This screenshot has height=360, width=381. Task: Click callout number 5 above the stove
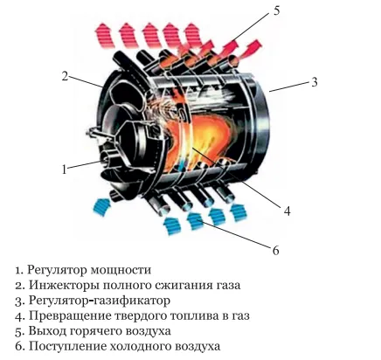point(276,10)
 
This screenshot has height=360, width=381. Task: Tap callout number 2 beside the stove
point(65,76)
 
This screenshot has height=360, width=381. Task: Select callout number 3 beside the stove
point(314,82)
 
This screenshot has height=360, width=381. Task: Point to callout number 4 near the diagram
point(287,211)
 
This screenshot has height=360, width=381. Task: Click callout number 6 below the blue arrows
point(275,250)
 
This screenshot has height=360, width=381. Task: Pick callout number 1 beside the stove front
point(65,170)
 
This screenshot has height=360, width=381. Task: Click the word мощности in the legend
point(121,270)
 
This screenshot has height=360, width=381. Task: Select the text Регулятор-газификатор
point(100,301)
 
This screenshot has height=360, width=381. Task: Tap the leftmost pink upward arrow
point(104,35)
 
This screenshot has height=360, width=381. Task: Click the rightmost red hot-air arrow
point(250,49)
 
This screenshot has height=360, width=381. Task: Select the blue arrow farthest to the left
point(100,206)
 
